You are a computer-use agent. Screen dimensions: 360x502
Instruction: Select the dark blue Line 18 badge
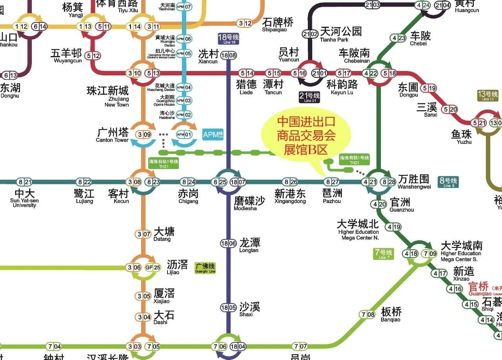(229, 39)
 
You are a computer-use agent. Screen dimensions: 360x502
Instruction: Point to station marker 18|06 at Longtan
(229, 243)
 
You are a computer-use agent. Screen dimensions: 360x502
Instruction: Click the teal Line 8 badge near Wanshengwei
(447, 182)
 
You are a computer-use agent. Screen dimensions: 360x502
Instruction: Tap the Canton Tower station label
(113, 134)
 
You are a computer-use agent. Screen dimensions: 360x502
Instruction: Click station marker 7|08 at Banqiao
(368, 315)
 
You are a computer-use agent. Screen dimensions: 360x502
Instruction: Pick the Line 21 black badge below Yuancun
(309, 97)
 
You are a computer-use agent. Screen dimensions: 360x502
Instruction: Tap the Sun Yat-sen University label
(24, 198)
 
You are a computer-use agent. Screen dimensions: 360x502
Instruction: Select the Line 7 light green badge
(383, 254)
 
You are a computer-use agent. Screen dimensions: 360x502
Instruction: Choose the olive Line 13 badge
(487, 96)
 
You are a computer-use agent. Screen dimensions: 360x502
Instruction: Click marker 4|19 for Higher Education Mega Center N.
(394, 227)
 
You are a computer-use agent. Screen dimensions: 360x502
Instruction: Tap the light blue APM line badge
(212, 134)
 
